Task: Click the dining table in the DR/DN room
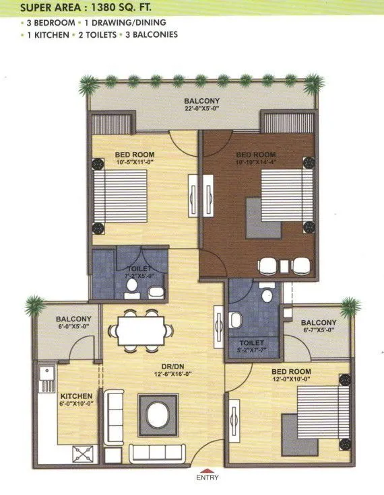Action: click(x=141, y=329)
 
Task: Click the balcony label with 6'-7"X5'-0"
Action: click(x=319, y=326)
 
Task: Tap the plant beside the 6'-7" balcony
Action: click(x=348, y=308)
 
